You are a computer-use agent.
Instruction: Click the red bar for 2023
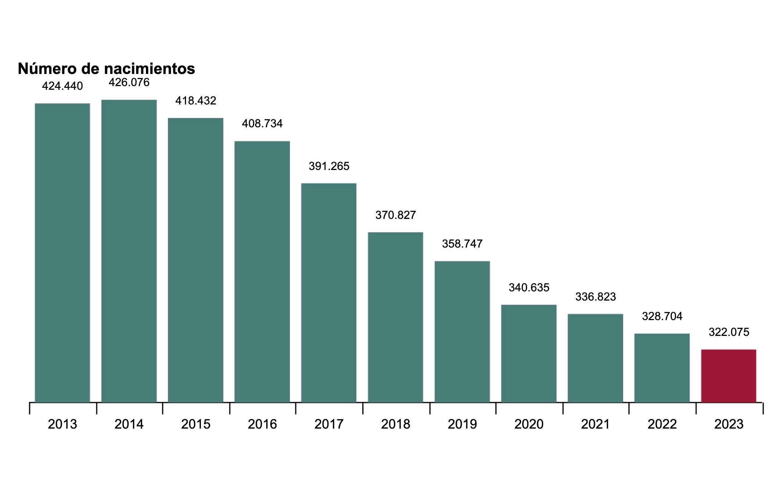click(x=728, y=376)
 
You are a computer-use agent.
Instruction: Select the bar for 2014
click(x=129, y=251)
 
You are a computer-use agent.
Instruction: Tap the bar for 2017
click(x=329, y=292)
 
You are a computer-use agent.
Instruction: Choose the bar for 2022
click(x=662, y=368)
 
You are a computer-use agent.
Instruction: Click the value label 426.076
click(x=129, y=82)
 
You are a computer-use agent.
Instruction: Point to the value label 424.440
click(x=63, y=86)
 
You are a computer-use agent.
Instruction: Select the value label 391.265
click(x=329, y=166)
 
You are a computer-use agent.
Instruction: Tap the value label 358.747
click(x=462, y=244)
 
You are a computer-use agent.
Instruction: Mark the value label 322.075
click(x=729, y=332)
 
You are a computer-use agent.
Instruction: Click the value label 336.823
click(x=595, y=297)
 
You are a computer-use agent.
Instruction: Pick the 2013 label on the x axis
click(x=63, y=424)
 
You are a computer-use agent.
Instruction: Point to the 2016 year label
click(x=262, y=424)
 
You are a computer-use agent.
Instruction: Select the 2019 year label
click(x=462, y=424)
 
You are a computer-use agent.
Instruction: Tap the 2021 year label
click(x=595, y=424)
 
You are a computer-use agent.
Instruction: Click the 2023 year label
click(x=729, y=424)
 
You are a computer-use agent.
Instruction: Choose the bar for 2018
click(x=395, y=317)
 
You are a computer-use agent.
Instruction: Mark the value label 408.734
click(x=262, y=124)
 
